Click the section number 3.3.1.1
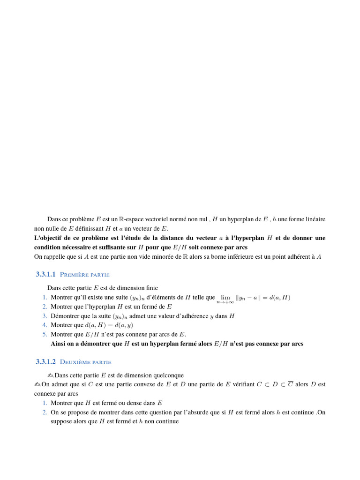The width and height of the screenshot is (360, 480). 45,274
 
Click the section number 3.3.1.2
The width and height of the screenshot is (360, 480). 45,362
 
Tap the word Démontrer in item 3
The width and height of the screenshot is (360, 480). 66,316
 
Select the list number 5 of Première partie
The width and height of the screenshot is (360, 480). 45,334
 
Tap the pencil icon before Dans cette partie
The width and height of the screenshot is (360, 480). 51,375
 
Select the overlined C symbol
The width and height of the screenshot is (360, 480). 290,384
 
